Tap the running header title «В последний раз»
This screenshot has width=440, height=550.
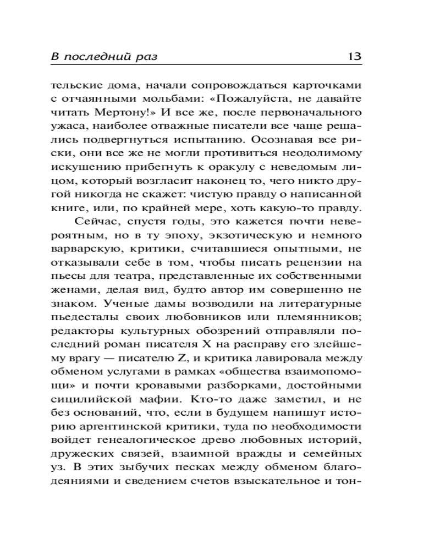click(x=107, y=57)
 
